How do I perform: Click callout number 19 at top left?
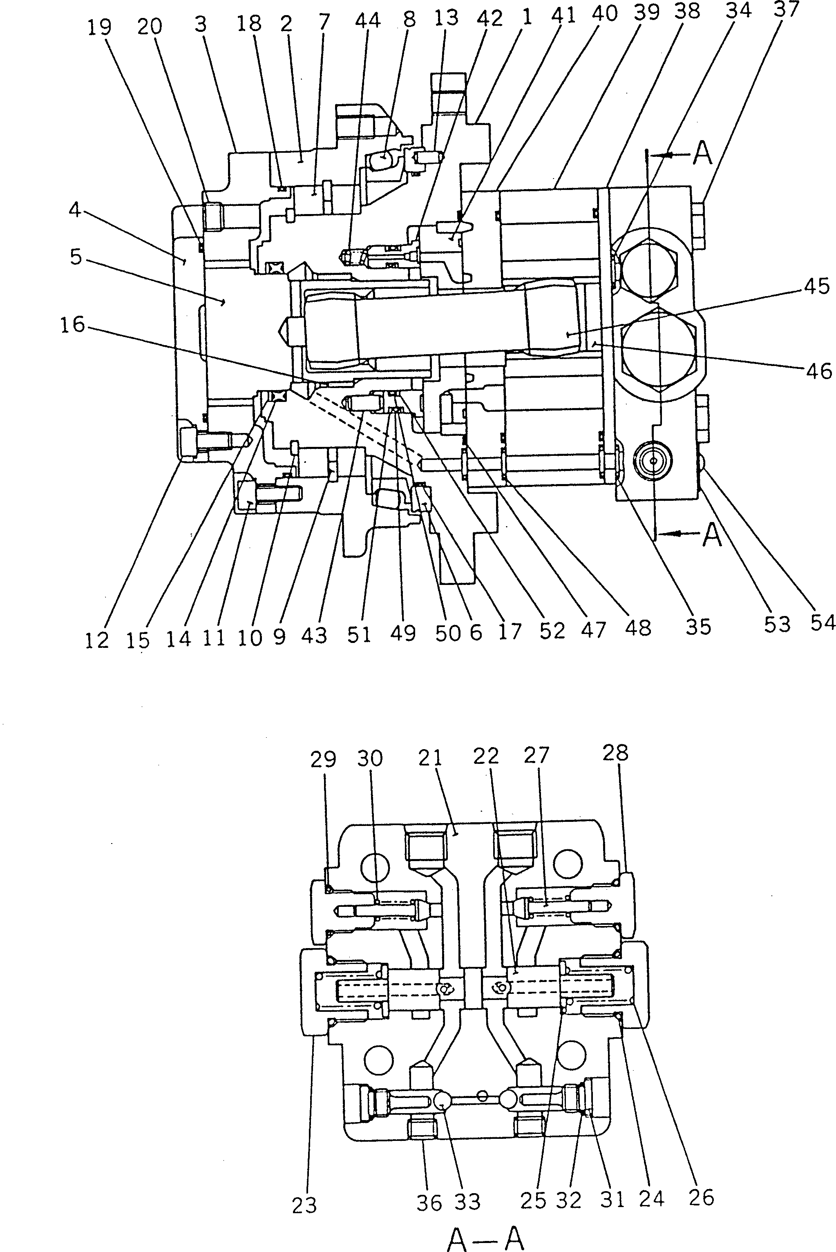click(99, 27)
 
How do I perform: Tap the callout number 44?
click(367, 21)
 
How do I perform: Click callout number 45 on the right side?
click(817, 286)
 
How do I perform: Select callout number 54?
click(822, 622)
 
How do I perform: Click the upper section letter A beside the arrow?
click(703, 154)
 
